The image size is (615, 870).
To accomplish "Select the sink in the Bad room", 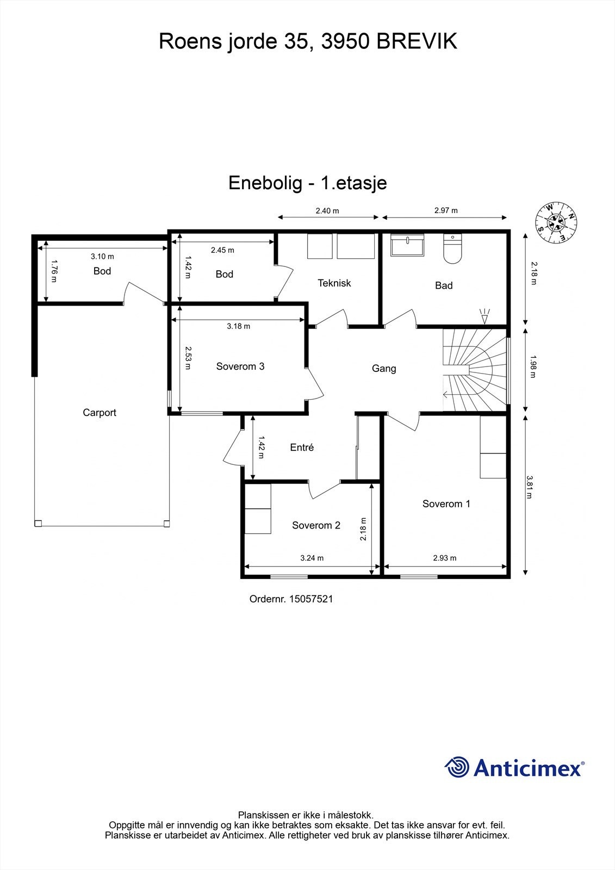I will (407, 246).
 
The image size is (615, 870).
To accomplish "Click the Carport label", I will (100, 413).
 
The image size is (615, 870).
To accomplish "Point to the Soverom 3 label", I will (240, 366).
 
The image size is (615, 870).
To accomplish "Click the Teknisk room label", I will (334, 283).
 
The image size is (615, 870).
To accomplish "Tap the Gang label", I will (384, 369).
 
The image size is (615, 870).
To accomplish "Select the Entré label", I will (302, 448).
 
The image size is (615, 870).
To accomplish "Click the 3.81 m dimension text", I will (530, 487).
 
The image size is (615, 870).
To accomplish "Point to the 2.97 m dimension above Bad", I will (446, 210).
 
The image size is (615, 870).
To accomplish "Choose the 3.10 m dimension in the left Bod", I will (102, 257).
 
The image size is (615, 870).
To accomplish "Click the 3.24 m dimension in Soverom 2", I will (312, 558).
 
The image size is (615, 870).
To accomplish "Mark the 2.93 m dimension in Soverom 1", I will (445, 558).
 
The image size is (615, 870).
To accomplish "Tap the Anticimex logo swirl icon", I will (457, 767).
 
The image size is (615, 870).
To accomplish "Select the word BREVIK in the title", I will (417, 41).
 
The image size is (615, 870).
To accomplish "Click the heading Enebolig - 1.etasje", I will (307, 182).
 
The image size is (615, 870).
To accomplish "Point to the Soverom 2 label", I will (316, 526).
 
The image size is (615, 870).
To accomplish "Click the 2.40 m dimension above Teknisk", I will (327, 211).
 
